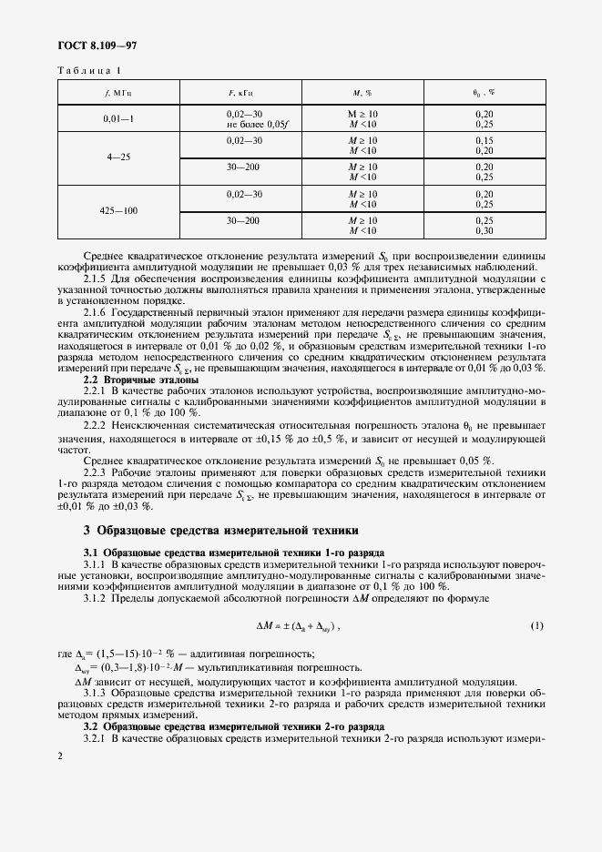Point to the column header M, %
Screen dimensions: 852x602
(x=362, y=92)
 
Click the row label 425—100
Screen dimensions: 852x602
(x=118, y=211)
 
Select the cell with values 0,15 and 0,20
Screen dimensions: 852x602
(x=484, y=145)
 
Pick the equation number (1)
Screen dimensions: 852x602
(x=536, y=626)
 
